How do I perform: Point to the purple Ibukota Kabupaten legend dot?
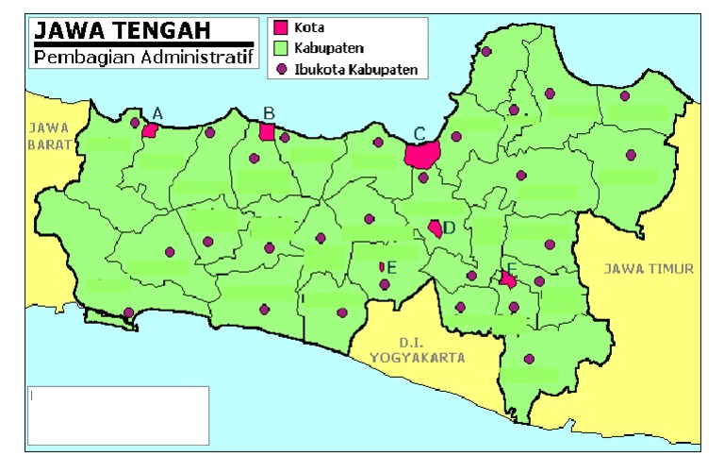pyautogui.click(x=280, y=69)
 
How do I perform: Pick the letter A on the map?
pyautogui.click(x=157, y=113)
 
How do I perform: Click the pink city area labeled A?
pyautogui.click(x=149, y=129)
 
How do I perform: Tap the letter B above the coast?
pyautogui.click(x=269, y=113)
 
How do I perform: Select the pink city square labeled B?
pyautogui.click(x=267, y=131)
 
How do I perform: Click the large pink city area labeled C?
pyautogui.click(x=422, y=154)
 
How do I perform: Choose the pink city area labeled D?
pyautogui.click(x=436, y=228)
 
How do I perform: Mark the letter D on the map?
pyautogui.click(x=450, y=228)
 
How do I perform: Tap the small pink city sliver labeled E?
pyautogui.click(x=382, y=267)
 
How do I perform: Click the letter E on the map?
pyautogui.click(x=391, y=267)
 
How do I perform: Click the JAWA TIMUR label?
pyautogui.click(x=649, y=269)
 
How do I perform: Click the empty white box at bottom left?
pyautogui.click(x=117, y=414)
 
